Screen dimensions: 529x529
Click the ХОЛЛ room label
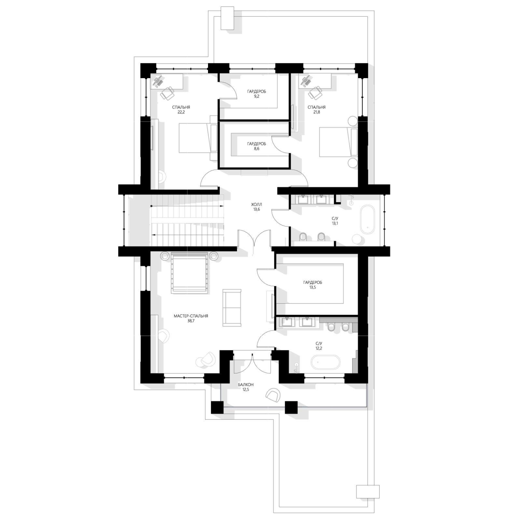(x=257, y=204)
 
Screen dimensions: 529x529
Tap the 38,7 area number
(x=191, y=320)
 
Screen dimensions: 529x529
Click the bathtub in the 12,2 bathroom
(x=325, y=362)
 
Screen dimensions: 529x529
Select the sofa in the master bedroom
(x=232, y=308)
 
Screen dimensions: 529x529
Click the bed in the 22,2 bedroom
(x=198, y=138)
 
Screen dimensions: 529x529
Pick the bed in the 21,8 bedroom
(x=339, y=142)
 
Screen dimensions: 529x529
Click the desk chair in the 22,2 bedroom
(x=167, y=93)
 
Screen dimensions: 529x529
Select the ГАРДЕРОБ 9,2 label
(x=257, y=94)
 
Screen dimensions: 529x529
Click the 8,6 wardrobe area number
(x=256, y=149)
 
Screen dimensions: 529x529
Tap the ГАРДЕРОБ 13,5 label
(x=312, y=284)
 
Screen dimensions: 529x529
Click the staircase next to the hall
(x=187, y=220)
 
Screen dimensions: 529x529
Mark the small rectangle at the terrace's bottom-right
(x=367, y=491)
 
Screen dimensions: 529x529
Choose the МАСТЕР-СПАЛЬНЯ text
(x=191, y=316)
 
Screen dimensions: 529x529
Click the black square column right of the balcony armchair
(x=291, y=407)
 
